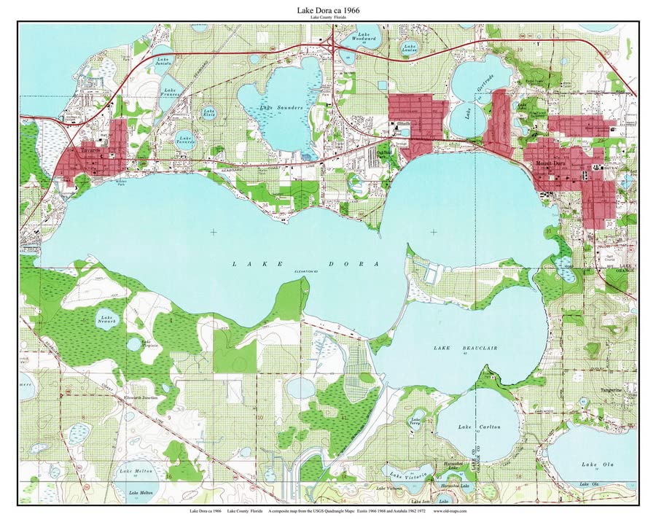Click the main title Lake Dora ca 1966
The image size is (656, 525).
coord(328,10)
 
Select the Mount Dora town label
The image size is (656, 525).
coord(551,163)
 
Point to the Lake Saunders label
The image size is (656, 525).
coord(280,108)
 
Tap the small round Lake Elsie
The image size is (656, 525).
coord(208,113)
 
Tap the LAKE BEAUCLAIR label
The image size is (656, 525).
coord(456,349)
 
